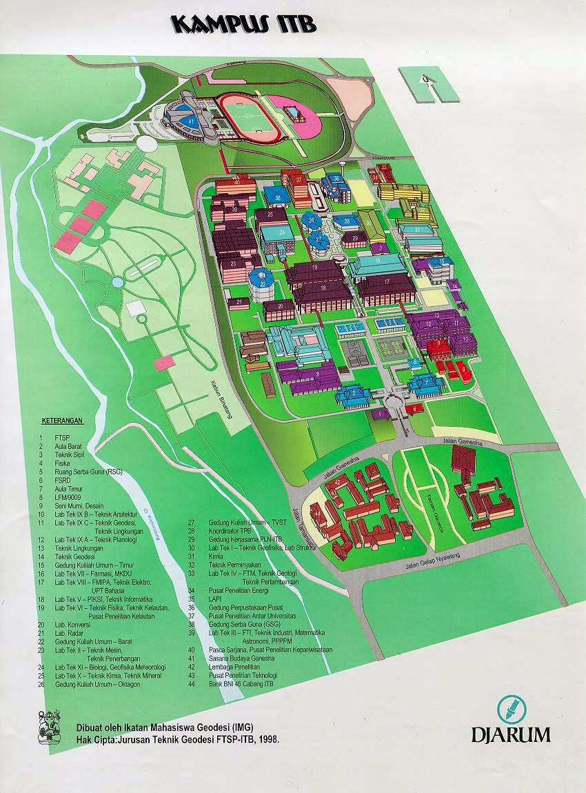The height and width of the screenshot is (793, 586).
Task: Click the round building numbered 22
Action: tap(261, 279)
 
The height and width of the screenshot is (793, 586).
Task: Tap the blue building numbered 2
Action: tap(354, 394)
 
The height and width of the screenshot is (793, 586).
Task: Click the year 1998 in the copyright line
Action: tap(270, 738)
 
